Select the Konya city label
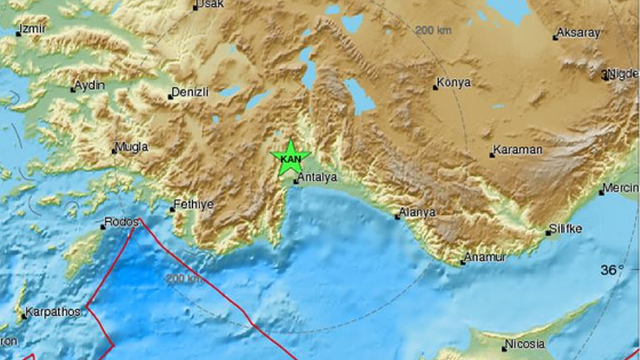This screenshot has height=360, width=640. pos(455,82)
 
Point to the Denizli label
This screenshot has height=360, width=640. pos(190,92)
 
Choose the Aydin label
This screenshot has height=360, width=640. pos(89,85)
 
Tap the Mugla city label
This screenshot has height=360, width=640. pos(132,147)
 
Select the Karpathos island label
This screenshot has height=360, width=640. pos(53,312)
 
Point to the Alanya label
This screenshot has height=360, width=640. pos(417,213)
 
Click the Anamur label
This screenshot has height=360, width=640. pos(485,258)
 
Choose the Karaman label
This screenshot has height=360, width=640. pos(517,150)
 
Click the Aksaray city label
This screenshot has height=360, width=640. pos(578,33)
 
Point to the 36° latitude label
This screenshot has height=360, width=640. pos(613,270)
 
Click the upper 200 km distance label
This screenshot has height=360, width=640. pos(433,30)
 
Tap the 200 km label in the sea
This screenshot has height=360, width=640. pos(184,279)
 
